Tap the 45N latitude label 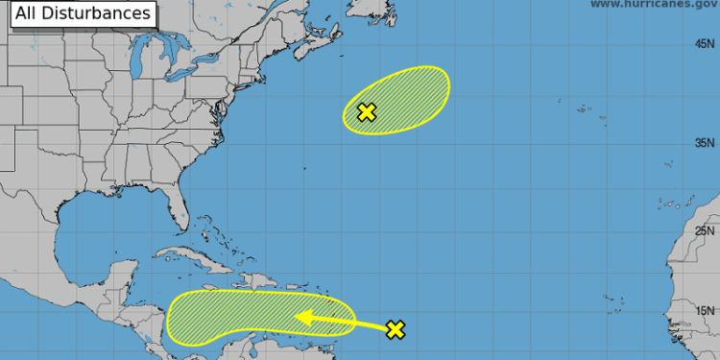click(x=706, y=44)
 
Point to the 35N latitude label click(x=706, y=143)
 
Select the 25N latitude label click(x=706, y=231)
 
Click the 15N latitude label click(x=706, y=310)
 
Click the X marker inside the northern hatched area click(x=366, y=112)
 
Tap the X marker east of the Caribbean click(x=396, y=330)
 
